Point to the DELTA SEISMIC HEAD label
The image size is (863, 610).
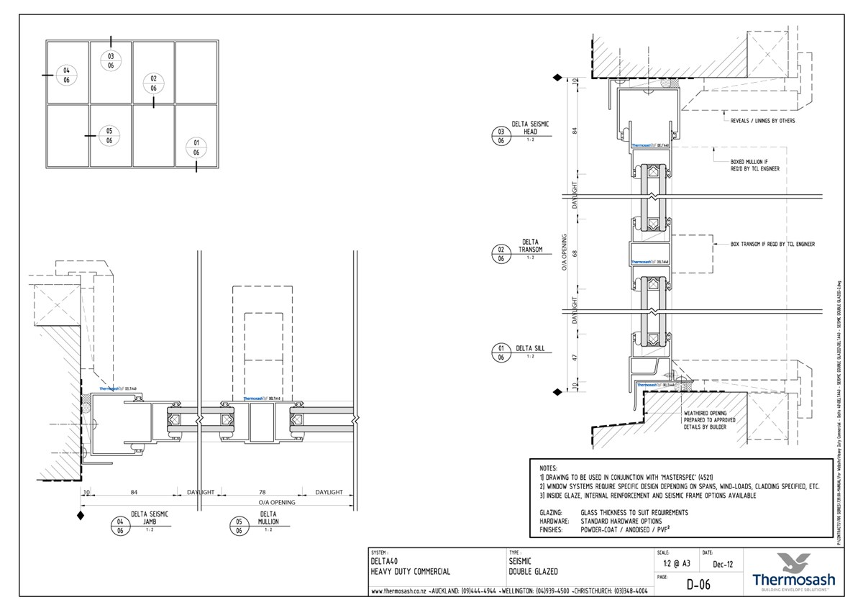coord(530,128)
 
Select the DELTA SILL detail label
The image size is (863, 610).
coord(530,348)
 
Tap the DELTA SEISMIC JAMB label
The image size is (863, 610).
coord(149,517)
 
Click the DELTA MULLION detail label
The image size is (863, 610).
coord(268,517)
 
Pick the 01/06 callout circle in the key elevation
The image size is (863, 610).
coord(196,147)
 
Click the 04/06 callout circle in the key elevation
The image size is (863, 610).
coord(66,75)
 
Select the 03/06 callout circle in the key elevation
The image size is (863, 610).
coord(111,60)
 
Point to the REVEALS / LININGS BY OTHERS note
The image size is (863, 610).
coord(762,121)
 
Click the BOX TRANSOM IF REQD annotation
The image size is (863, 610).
coord(772,245)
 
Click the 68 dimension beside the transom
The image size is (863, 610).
coord(575,252)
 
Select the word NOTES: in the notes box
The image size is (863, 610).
coord(548,468)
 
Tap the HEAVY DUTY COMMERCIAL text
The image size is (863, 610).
coord(411,572)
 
